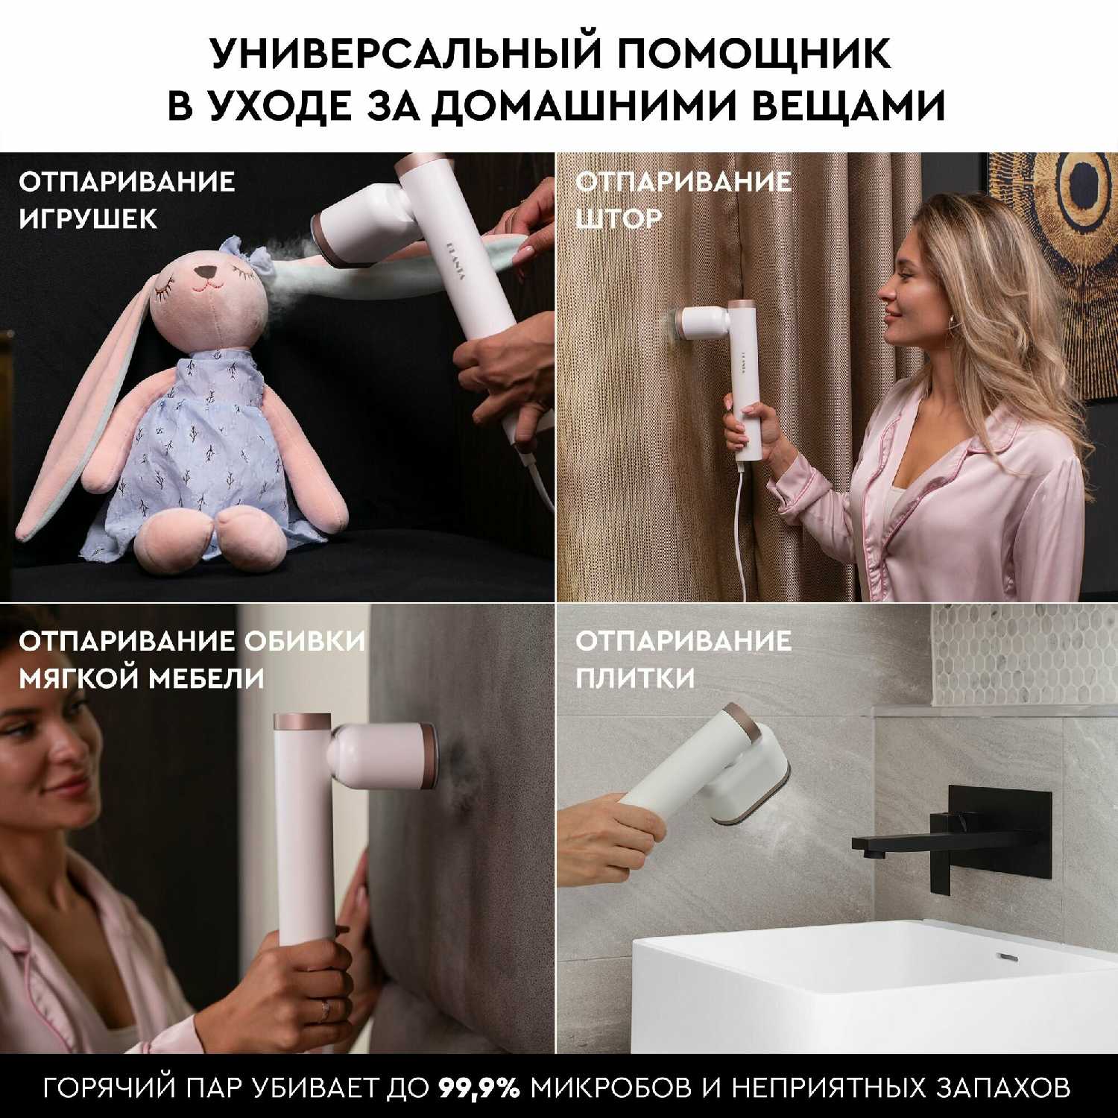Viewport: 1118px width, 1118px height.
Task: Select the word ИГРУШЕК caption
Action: pyautogui.click(x=88, y=219)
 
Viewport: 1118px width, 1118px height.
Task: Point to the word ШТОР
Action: pyautogui.click(x=618, y=219)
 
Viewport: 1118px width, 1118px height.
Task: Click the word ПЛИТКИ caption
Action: pyautogui.click(x=635, y=678)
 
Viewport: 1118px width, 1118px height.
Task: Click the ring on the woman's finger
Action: pyautogui.click(x=325, y=1011)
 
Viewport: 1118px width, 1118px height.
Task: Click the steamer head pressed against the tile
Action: pyautogui.click(x=749, y=790)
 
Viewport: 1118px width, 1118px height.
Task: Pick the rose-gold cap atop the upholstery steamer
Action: pyautogui.click(x=303, y=721)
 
